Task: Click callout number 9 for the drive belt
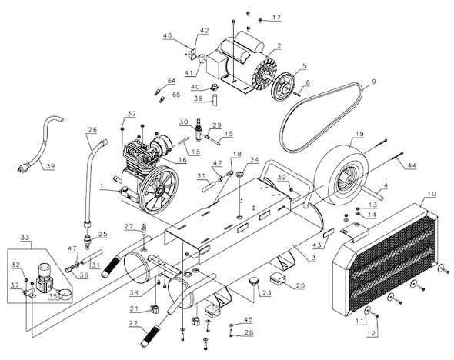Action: coord(374,82)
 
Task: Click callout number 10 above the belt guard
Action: coord(432,194)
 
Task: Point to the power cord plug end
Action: coord(23,167)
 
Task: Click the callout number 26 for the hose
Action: coord(92,129)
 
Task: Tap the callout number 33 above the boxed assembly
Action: coord(25,238)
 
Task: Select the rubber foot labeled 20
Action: coord(278,278)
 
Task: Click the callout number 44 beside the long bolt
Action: coord(412,165)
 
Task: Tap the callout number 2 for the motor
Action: coord(279,45)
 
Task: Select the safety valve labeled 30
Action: coord(199,131)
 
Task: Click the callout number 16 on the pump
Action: coord(182,159)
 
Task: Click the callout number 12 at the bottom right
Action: coord(372,333)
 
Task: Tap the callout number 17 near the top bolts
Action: coord(276,18)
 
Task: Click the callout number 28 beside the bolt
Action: coord(249,332)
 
